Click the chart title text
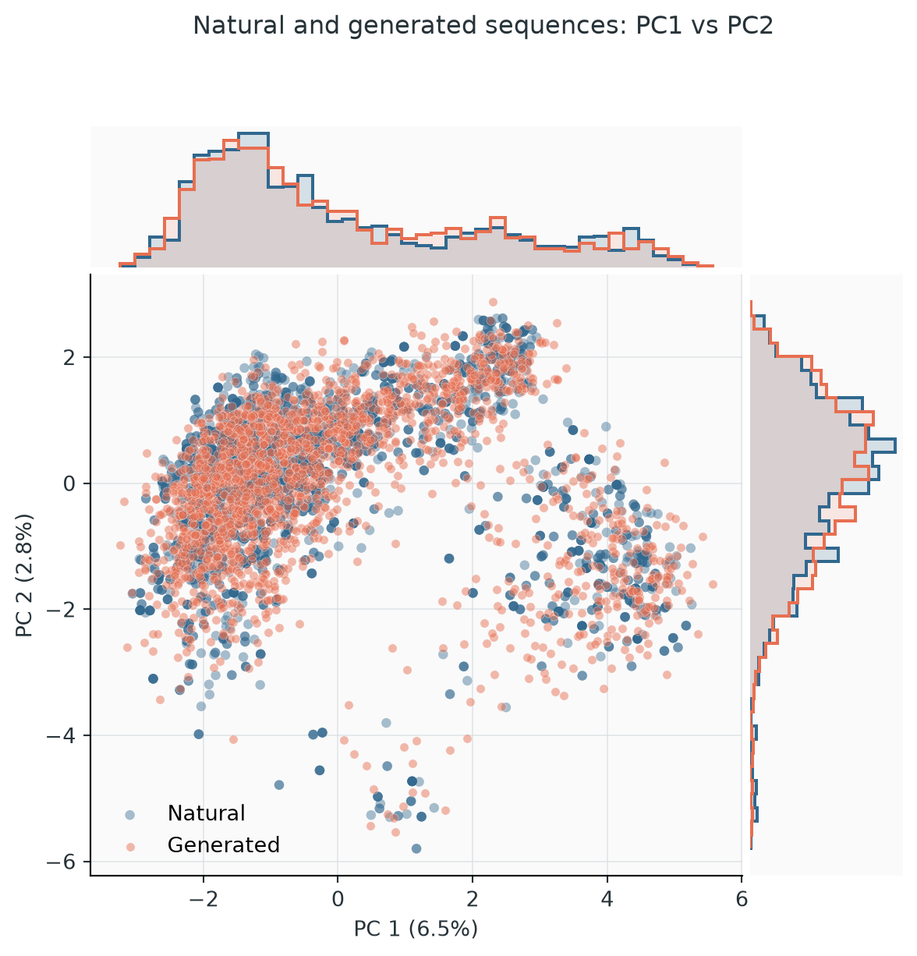coord(483,26)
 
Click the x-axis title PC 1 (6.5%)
coord(416,929)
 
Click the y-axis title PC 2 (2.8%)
coord(23,575)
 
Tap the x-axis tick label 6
coord(742,899)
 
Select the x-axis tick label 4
coord(607,899)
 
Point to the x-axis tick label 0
coord(338,899)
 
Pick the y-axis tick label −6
coord(62,862)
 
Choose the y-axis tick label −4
coord(62,735)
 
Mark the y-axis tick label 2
coord(69,357)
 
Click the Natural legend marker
coord(129,815)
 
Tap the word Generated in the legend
coord(224,844)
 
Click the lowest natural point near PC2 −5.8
coord(416,848)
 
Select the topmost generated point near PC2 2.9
coord(493,302)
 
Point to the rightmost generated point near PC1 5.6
coord(713,584)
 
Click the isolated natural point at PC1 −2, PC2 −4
coord(198,734)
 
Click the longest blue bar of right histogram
coord(823,445)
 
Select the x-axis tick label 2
coord(472,899)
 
